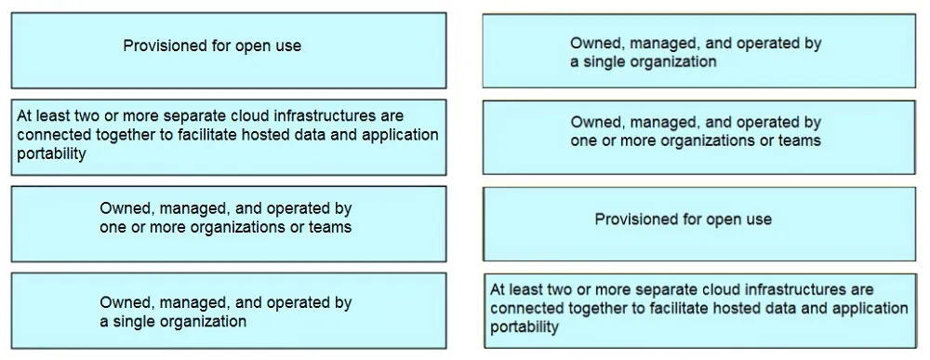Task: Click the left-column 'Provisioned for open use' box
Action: pyautogui.click(x=229, y=50)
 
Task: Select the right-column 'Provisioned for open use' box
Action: pyautogui.click(x=699, y=223)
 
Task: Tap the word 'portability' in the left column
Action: pyautogui.click(x=51, y=153)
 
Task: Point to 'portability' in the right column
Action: pyautogui.click(x=525, y=327)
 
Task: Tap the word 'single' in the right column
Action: pyautogui.click(x=604, y=61)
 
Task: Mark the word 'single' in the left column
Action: pyautogui.click(x=132, y=322)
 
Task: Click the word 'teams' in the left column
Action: pyautogui.click(x=332, y=227)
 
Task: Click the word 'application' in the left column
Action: pyautogui.click(x=400, y=135)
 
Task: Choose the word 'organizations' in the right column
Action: pyautogui.click(x=693, y=141)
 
